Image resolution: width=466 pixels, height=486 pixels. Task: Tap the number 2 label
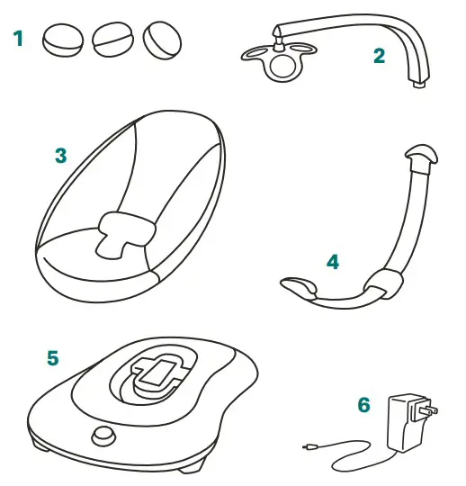point(379,57)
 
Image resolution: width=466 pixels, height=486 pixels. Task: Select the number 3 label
point(60,156)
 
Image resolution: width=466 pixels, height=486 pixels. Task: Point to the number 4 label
point(332,262)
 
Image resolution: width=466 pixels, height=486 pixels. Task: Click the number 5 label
point(52,358)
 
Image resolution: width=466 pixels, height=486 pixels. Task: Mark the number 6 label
point(364,406)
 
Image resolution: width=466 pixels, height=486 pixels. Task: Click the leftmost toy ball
point(63,39)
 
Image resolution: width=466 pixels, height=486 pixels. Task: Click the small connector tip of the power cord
point(309,445)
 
